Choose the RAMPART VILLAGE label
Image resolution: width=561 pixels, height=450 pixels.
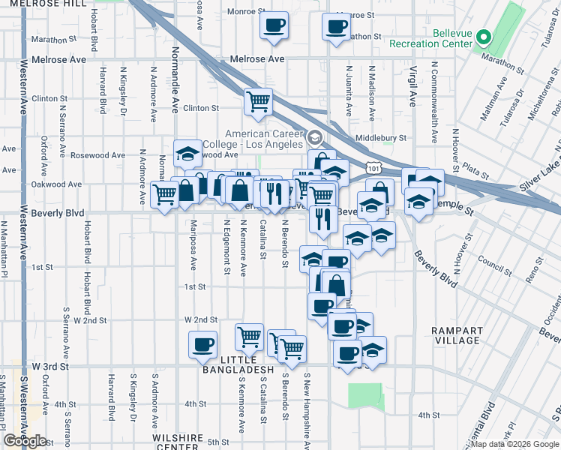tap(454, 334)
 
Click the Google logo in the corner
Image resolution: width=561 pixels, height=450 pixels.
tap(25, 441)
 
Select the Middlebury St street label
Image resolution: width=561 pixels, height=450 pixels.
tap(380, 138)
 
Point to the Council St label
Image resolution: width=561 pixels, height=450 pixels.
tap(493, 264)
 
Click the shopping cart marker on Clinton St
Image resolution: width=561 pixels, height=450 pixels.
tap(258, 101)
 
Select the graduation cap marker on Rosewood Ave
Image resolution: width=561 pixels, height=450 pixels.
tap(187, 154)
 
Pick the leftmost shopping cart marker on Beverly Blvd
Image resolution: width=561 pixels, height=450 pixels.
tap(164, 194)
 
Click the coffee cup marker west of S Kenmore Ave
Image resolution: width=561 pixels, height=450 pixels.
tap(202, 345)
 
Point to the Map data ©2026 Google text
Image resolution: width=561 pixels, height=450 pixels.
tap(515, 444)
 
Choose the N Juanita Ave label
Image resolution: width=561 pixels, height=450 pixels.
tap(348, 90)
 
